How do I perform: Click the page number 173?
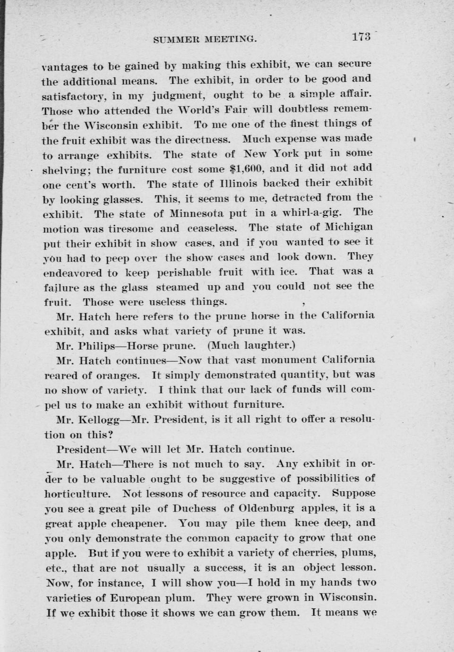361,37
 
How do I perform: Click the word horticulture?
77,494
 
